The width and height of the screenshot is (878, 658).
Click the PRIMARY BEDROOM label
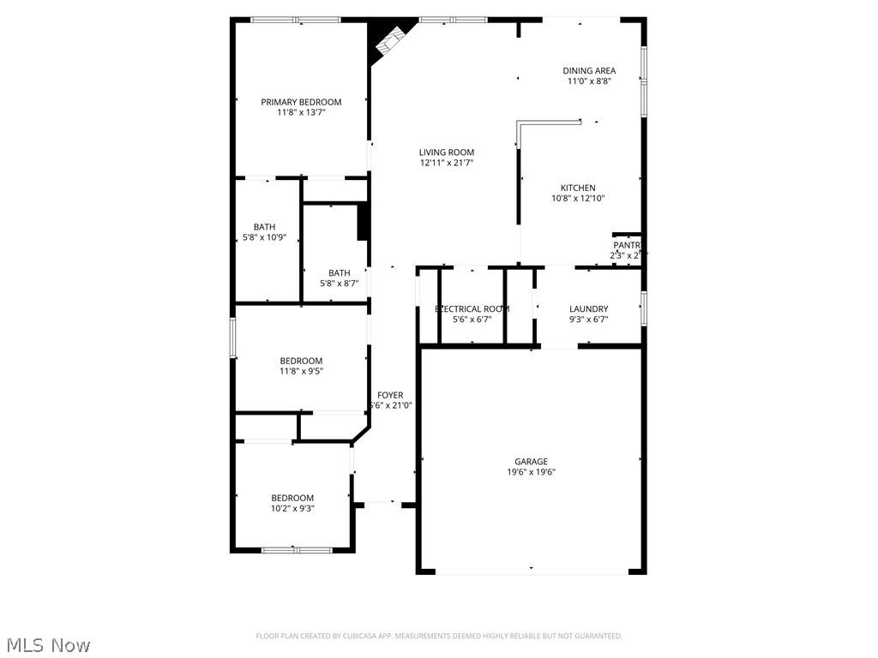(301, 102)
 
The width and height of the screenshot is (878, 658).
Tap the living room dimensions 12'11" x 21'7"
(447, 163)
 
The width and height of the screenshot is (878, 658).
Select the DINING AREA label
(589, 71)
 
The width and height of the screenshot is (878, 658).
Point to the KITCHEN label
(578, 188)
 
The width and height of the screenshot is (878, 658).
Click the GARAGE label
(531, 462)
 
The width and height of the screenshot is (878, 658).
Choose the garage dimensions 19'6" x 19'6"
(531, 472)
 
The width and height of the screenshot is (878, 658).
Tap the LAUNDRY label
(588, 309)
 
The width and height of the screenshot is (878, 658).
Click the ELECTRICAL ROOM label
(472, 309)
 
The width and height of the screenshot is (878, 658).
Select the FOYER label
(390, 395)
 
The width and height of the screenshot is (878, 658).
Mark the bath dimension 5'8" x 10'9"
(264, 237)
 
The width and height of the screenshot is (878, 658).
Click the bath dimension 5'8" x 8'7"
(339, 284)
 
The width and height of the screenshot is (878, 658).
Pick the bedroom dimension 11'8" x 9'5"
(301, 371)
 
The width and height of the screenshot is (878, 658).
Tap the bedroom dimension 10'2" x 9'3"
(292, 508)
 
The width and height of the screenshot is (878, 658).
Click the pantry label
(627, 245)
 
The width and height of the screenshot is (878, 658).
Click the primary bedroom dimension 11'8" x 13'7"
(301, 112)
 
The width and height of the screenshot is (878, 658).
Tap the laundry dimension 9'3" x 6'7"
(588, 320)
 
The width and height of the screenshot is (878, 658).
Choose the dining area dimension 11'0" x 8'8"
(589, 81)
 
